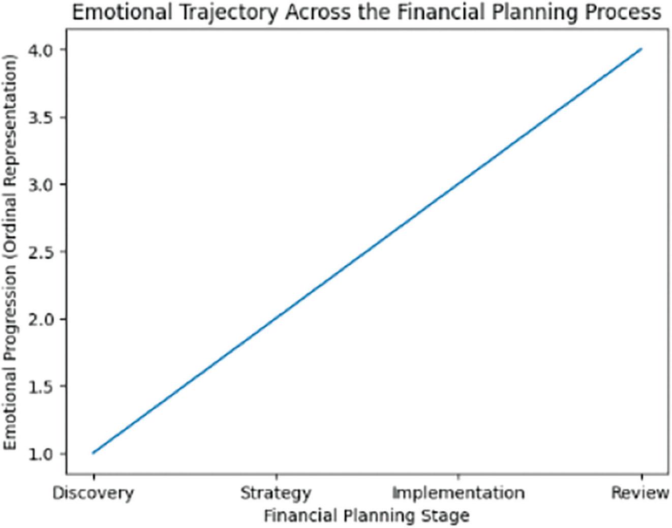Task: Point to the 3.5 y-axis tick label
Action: [x=43, y=117]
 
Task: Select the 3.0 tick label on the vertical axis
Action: [x=43, y=184]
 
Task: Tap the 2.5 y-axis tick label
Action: [x=43, y=252]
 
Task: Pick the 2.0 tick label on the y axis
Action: [x=43, y=319]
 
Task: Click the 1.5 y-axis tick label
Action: [x=43, y=386]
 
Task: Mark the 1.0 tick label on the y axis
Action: [x=43, y=453]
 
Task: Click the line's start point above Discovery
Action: [x=94, y=453]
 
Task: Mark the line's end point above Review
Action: [x=642, y=49]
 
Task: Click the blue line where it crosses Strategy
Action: [x=276, y=319]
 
